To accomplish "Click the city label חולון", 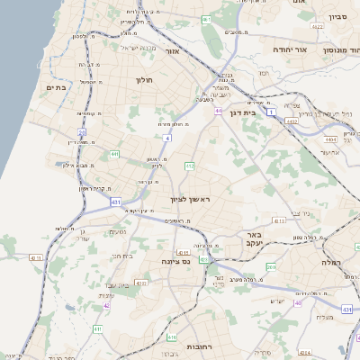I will point(144,80).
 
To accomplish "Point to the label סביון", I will point(337,16).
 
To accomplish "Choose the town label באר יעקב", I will point(252,238).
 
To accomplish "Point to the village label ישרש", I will point(277,301).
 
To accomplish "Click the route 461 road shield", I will point(206,19).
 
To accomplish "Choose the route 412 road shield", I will point(189,166).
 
